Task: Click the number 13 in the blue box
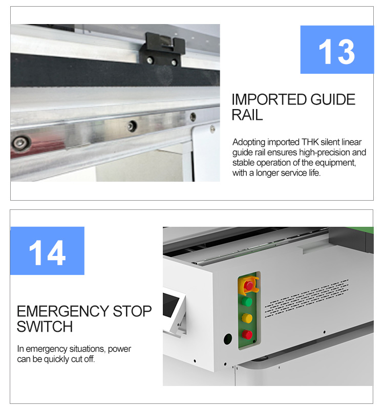pos(336,50)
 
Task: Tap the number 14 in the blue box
pos(47,251)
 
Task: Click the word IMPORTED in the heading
pos(263,99)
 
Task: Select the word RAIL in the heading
pos(247,115)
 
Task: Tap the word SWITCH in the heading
pos(45,326)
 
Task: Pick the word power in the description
pos(119,349)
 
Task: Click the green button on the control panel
pos(248,302)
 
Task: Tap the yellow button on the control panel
pos(248,318)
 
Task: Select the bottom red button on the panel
pos(248,335)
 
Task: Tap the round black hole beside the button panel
pos(226,339)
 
